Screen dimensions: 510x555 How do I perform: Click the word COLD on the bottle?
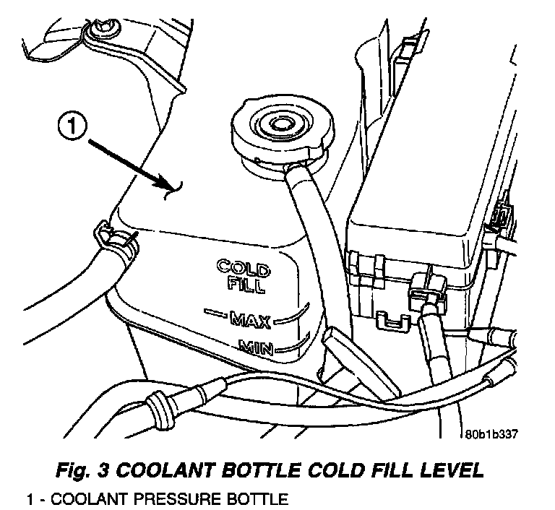243,267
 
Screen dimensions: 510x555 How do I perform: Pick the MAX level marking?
248,316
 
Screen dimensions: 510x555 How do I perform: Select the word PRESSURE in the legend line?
141,499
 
